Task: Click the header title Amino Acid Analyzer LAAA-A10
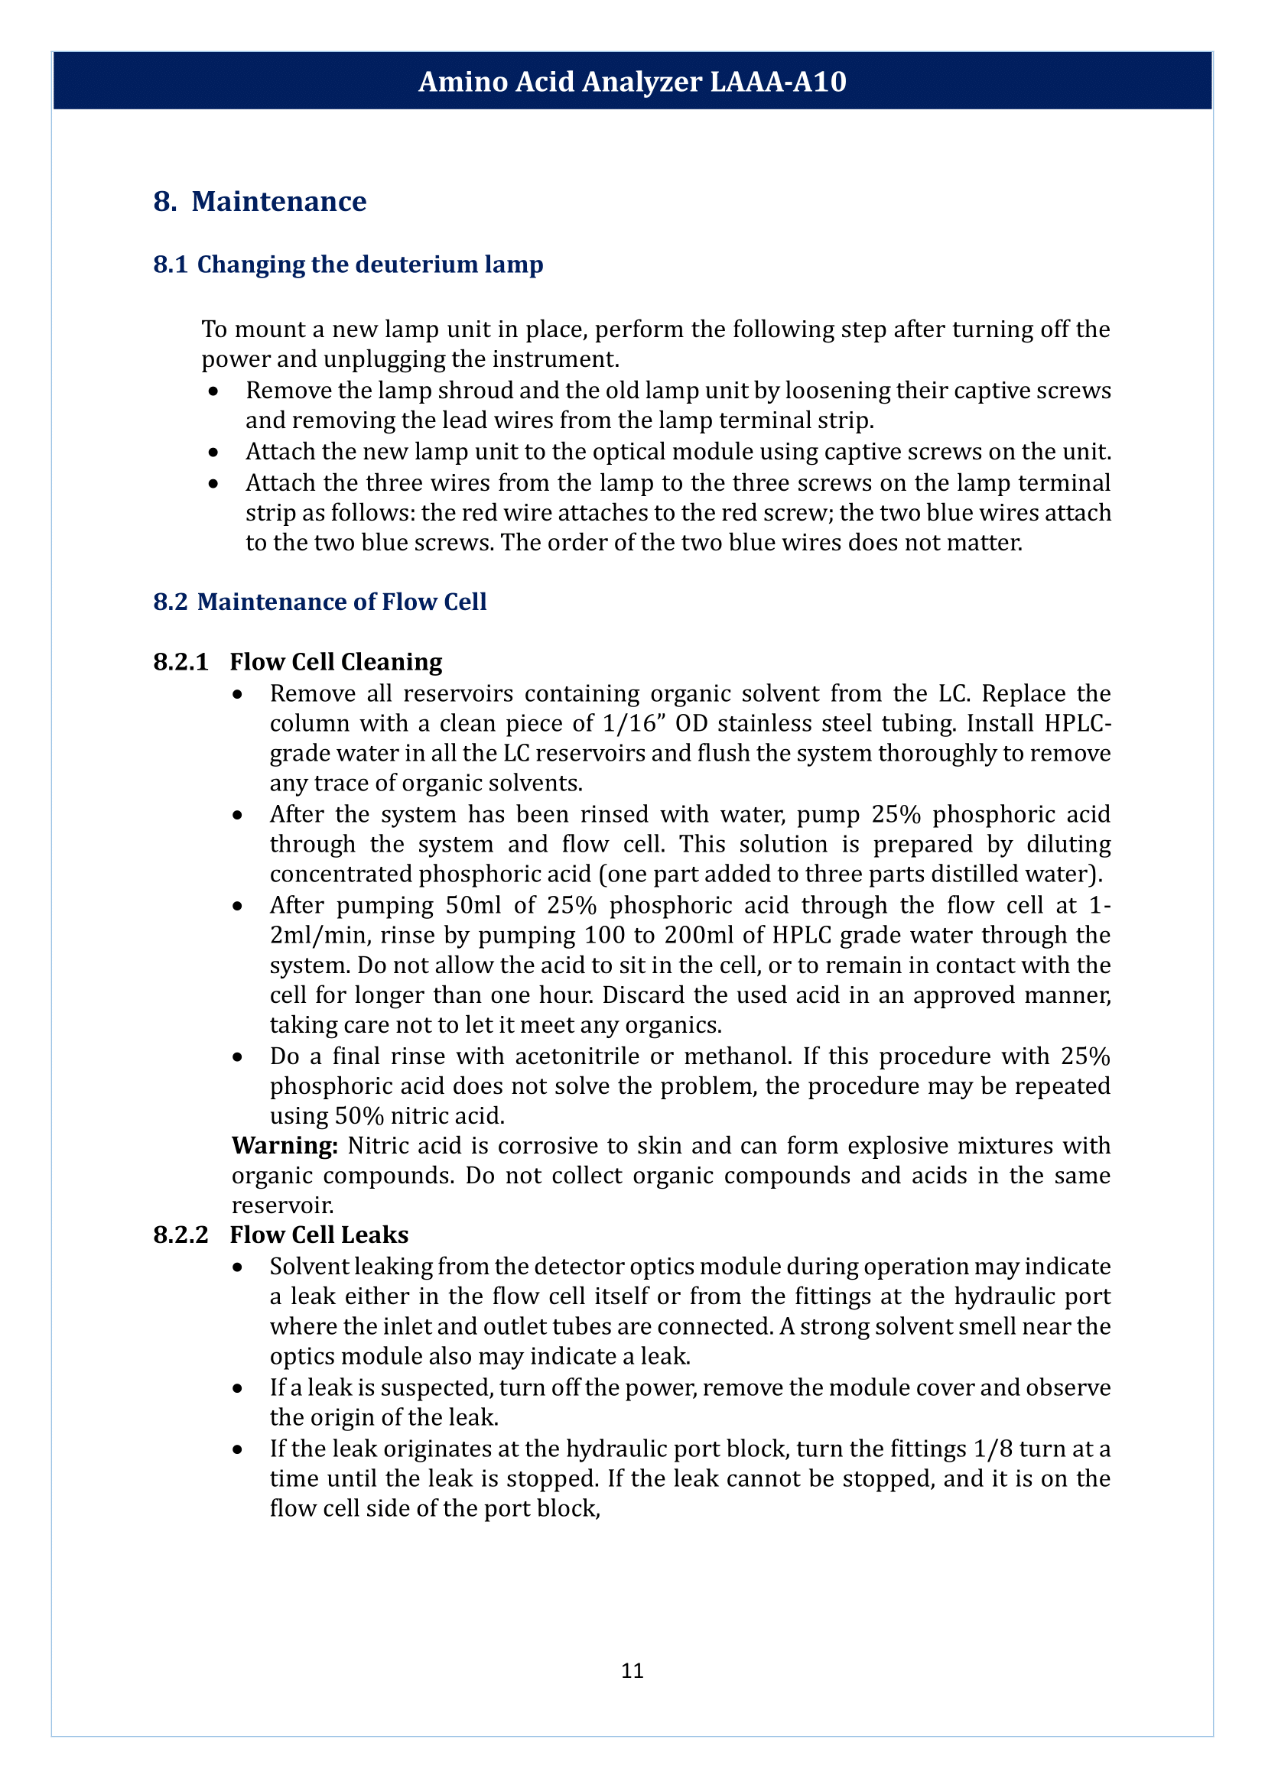coord(632,82)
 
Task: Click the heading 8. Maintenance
coord(259,202)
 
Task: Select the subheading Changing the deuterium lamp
coord(369,264)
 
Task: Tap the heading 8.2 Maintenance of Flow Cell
coord(320,602)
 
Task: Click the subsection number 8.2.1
coord(180,662)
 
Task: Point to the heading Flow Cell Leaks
coord(319,1235)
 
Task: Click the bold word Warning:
coord(285,1146)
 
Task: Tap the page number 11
coord(632,1670)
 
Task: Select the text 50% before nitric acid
coord(359,1116)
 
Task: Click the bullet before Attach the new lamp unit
coord(213,453)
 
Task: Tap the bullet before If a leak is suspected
coord(238,1388)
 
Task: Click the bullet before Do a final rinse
coord(238,1056)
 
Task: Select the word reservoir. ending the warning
coord(282,1206)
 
